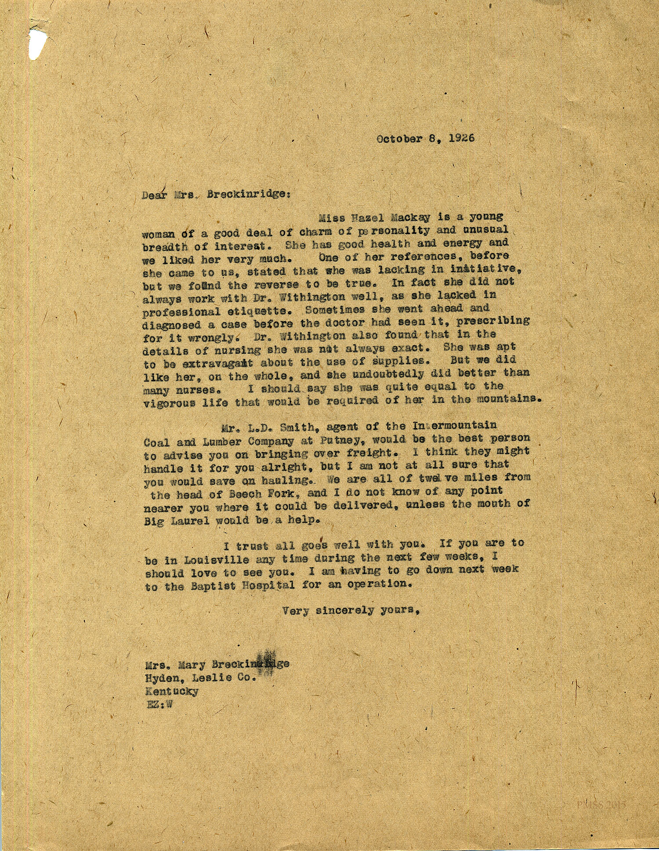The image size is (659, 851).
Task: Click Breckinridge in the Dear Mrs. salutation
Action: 246,194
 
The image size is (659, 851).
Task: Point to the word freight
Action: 369,452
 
